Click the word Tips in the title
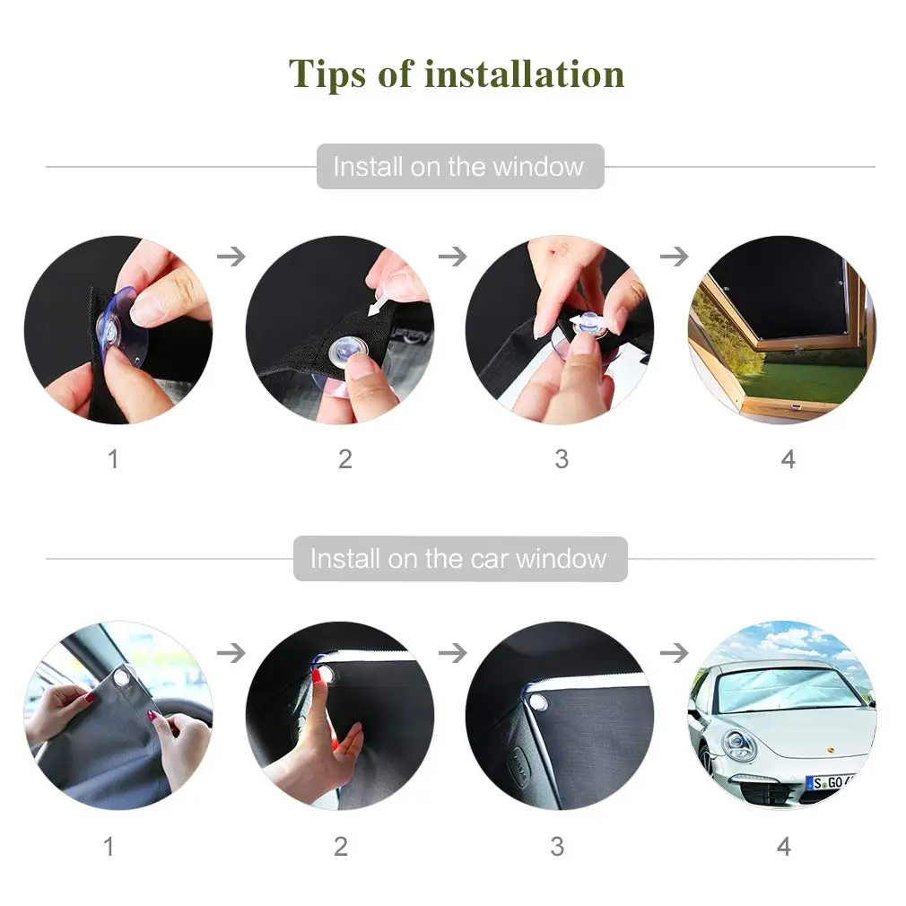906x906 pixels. coord(327,74)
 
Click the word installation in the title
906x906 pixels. coord(524,74)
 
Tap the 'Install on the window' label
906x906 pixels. coord(458,167)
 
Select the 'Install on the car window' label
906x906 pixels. coord(458,559)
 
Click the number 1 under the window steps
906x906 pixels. coord(113,459)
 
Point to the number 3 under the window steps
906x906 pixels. coord(562,459)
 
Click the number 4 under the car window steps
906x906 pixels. coord(783,847)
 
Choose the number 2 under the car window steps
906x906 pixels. coord(341,847)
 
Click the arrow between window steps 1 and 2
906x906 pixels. coord(231,256)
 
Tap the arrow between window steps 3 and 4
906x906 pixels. coord(675,256)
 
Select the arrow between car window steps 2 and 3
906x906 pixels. coord(453,654)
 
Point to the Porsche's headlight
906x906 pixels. coord(738,745)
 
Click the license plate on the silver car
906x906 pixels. coord(830,782)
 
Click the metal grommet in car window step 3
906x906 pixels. coord(538,702)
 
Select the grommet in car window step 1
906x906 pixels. coord(123,676)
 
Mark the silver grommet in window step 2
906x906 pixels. coord(348,351)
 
